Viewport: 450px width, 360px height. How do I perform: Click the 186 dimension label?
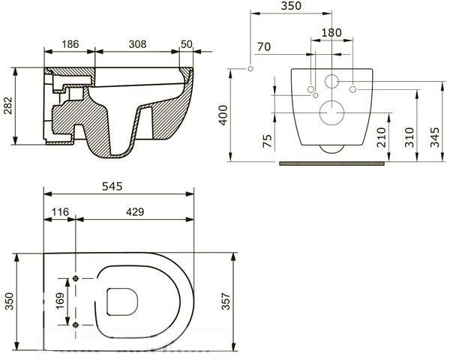click(x=70, y=44)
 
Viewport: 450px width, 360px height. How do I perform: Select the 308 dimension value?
click(x=137, y=44)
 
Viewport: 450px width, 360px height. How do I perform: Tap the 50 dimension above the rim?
click(x=187, y=44)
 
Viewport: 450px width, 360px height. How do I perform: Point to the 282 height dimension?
click(x=8, y=106)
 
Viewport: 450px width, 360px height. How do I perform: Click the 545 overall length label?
click(x=112, y=187)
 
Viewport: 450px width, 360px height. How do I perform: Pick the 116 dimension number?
click(x=60, y=211)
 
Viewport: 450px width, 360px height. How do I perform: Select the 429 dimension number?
click(x=135, y=211)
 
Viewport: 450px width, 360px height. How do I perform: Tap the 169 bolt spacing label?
click(x=60, y=301)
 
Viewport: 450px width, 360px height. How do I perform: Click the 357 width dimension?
click(x=226, y=301)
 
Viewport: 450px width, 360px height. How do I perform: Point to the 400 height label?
click(x=223, y=115)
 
